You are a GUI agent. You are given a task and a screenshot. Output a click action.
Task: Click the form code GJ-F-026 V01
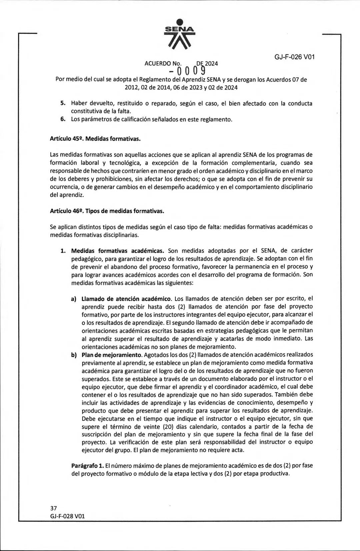click(x=295, y=57)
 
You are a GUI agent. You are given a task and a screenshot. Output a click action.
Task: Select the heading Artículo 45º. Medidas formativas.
click(x=95, y=139)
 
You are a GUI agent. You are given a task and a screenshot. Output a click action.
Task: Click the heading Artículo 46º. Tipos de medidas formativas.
click(x=107, y=211)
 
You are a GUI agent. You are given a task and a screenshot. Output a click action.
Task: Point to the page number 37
click(x=53, y=508)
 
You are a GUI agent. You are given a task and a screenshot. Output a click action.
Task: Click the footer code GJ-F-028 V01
click(x=67, y=516)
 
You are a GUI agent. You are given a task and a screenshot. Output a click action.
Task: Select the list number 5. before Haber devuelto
click(x=62, y=103)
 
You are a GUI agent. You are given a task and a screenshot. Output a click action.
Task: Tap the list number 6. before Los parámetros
click(x=62, y=119)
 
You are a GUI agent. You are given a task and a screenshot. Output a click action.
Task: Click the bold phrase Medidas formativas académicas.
click(x=118, y=251)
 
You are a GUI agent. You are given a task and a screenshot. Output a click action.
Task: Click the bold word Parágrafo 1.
click(x=87, y=465)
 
